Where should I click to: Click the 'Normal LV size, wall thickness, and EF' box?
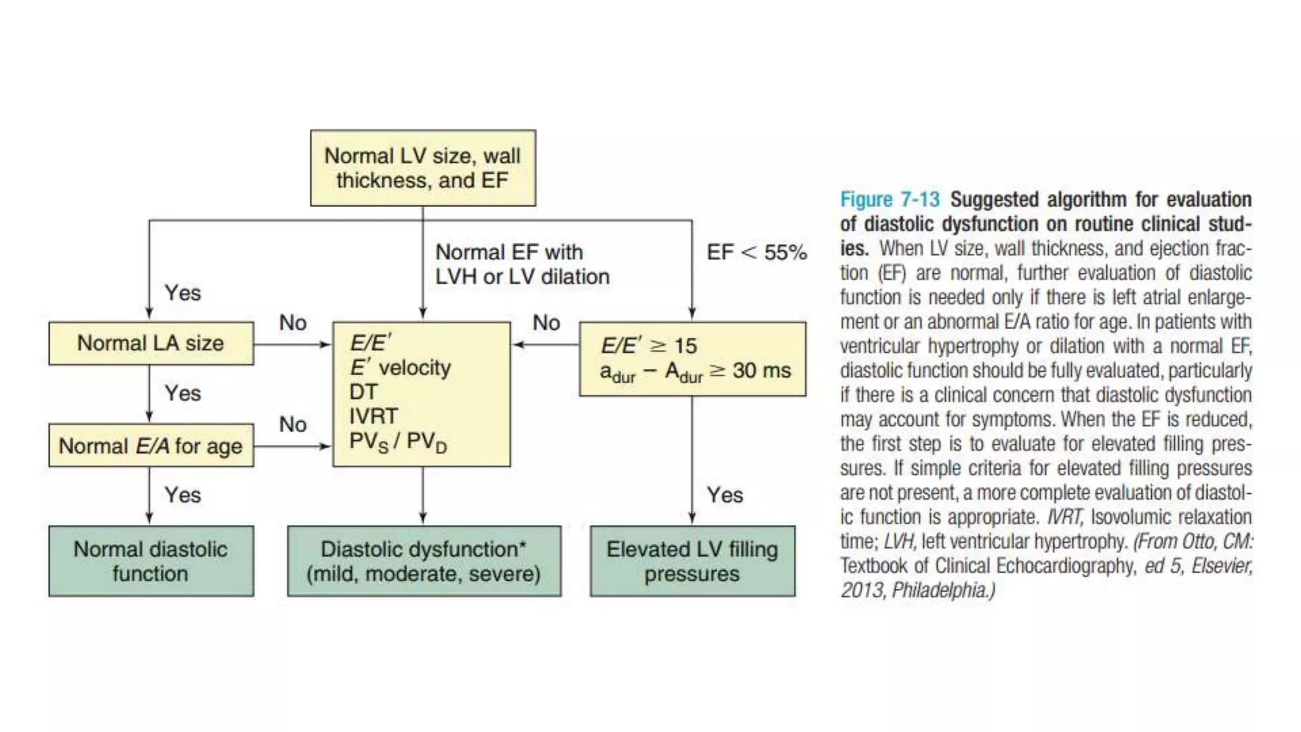tap(422, 168)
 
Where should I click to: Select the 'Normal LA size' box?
tap(151, 343)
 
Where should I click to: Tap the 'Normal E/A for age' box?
tap(151, 445)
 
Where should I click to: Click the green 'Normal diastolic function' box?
tap(151, 561)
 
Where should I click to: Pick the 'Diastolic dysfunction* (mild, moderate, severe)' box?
tap(424, 561)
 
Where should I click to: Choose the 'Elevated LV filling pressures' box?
tap(692, 561)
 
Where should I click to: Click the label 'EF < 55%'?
tap(757, 252)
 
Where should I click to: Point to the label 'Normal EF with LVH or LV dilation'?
tap(522, 264)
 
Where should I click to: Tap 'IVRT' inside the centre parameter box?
tap(374, 416)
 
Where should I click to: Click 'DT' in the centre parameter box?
tap(363, 392)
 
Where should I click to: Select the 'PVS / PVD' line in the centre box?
tap(398, 442)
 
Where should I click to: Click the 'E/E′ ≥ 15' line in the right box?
tap(649, 346)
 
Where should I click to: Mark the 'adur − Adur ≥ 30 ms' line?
tap(695, 372)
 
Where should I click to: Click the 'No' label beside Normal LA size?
tap(293, 323)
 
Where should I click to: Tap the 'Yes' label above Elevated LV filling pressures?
tap(725, 495)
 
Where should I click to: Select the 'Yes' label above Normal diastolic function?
tap(183, 495)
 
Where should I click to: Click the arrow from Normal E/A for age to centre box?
tap(292, 446)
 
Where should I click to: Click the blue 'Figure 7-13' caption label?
tap(889, 200)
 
